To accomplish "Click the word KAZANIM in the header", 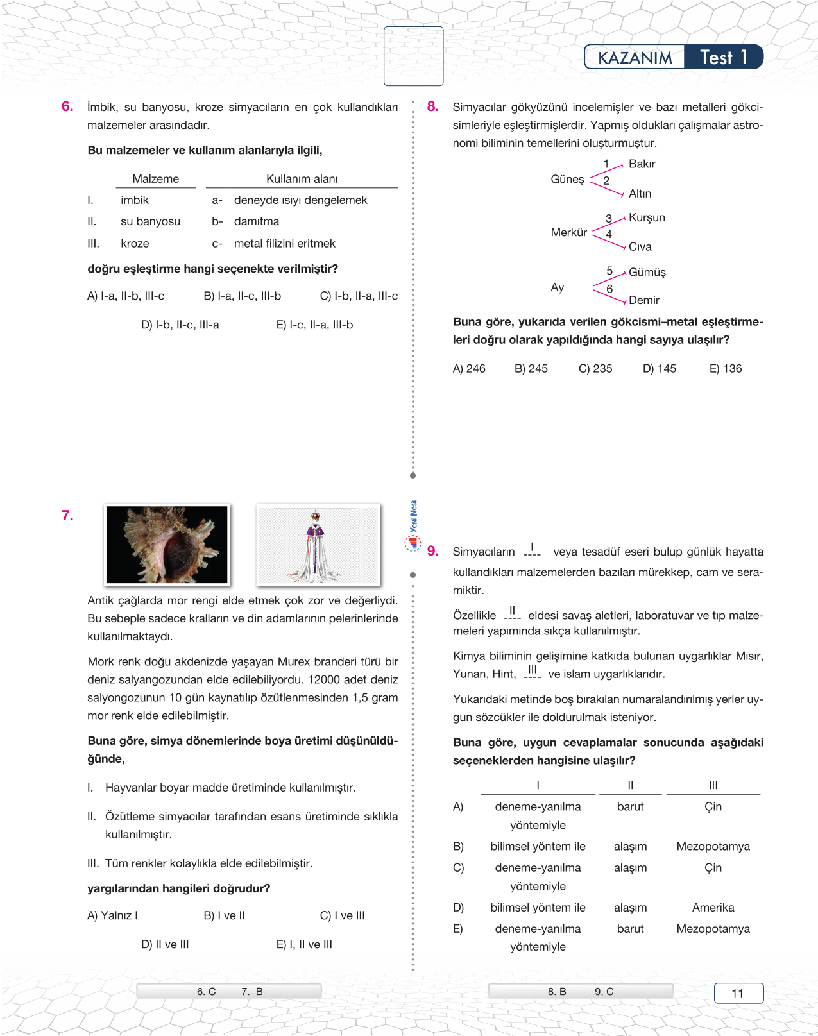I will pyautogui.click(x=635, y=58).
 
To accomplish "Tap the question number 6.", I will pyautogui.click(x=67, y=106).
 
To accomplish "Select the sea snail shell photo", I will pyautogui.click(x=167, y=545).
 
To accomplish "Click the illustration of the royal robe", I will pyautogui.click(x=318, y=545).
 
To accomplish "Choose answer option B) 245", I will pyautogui.click(x=531, y=369).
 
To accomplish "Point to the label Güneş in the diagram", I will pyautogui.click(x=567, y=180).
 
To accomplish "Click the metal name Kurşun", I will pyautogui.click(x=647, y=217).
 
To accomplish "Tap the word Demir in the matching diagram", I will pyautogui.click(x=644, y=300).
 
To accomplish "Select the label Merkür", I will pyautogui.click(x=569, y=232).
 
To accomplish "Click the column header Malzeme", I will pyautogui.click(x=156, y=179).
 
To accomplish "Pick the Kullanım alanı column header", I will pyautogui.click(x=302, y=179).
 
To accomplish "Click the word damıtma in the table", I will pyautogui.click(x=257, y=221).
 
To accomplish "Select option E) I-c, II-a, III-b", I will pyautogui.click(x=314, y=325).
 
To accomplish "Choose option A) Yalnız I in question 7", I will pyautogui.click(x=112, y=915).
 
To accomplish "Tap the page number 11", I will pyautogui.click(x=738, y=993).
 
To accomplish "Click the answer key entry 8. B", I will pyautogui.click(x=557, y=992).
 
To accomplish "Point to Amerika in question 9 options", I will pyautogui.click(x=713, y=908).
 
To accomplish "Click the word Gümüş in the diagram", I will pyautogui.click(x=647, y=273).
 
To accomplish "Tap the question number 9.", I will pyautogui.click(x=433, y=551).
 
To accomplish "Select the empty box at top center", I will pyautogui.click(x=414, y=56).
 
